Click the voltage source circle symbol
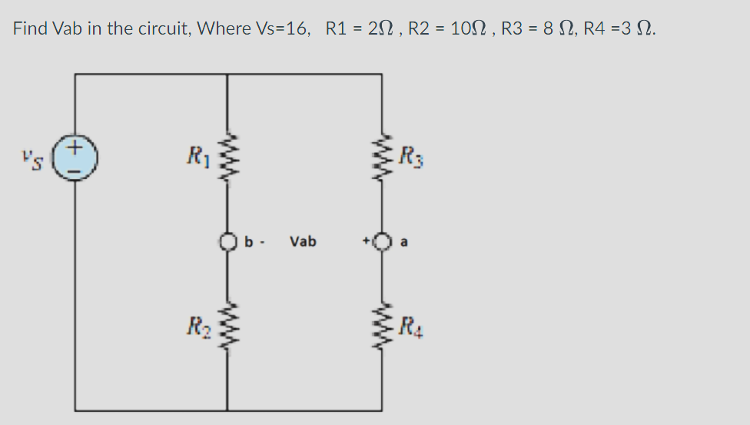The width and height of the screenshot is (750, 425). [75, 159]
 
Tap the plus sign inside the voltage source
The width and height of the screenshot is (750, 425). [75, 146]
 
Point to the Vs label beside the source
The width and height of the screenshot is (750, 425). [32, 159]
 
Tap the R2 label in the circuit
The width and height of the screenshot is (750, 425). [194, 324]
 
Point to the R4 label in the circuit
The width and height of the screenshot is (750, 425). [413, 324]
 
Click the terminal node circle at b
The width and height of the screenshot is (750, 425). [227, 242]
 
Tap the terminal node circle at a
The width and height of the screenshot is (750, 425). [381, 242]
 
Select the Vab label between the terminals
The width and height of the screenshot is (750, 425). [303, 242]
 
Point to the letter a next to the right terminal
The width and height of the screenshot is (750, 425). [405, 242]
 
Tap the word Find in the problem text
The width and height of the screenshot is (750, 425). [30, 29]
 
